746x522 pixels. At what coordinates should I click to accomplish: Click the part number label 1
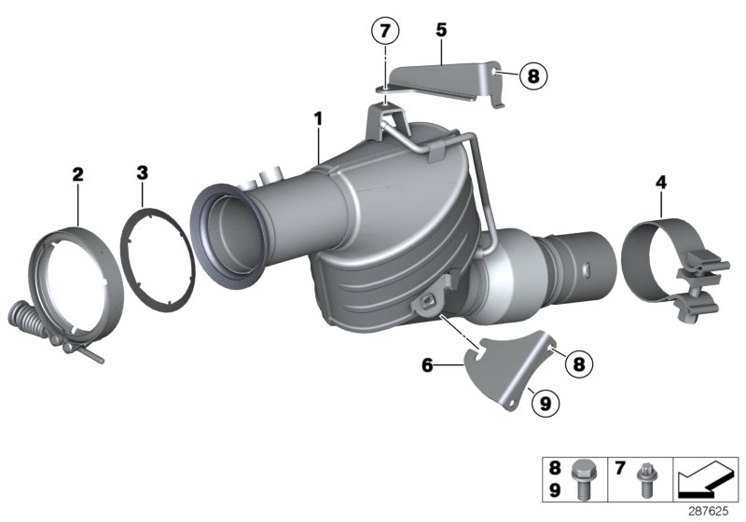(x=318, y=118)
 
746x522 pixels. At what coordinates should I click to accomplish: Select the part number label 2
(x=77, y=173)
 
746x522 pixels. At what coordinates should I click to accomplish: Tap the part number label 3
(x=142, y=172)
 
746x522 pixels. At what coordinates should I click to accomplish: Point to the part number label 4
(x=660, y=182)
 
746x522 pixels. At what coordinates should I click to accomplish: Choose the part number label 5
(x=441, y=30)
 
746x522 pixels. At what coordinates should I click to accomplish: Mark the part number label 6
(x=427, y=366)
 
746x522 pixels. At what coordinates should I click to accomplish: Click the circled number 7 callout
(x=384, y=31)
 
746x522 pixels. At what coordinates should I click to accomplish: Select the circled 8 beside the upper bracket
(x=532, y=76)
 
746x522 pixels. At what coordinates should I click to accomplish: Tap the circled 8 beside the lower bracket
(x=578, y=364)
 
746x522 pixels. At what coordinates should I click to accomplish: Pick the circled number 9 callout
(x=546, y=403)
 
